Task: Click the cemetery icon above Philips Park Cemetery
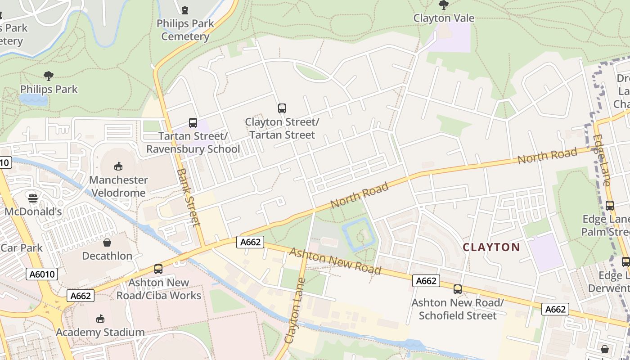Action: click(x=185, y=10)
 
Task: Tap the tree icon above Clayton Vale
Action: click(x=444, y=5)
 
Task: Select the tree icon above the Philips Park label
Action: click(x=49, y=76)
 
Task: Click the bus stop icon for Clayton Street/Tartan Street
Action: click(x=282, y=108)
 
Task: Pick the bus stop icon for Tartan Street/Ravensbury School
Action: click(x=193, y=122)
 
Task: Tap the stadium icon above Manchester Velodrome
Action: click(x=118, y=166)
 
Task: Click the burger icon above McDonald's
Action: click(x=33, y=198)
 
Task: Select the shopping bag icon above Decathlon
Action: click(x=107, y=243)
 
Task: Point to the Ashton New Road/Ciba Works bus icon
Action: click(x=158, y=269)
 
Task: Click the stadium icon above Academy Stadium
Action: click(x=100, y=319)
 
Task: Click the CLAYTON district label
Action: click(x=491, y=247)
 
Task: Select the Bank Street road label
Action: click(x=188, y=197)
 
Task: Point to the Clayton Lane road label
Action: click(x=295, y=310)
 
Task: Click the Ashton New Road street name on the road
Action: click(x=335, y=261)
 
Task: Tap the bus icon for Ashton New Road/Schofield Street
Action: click(x=458, y=289)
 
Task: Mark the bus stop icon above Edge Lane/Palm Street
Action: click(x=610, y=206)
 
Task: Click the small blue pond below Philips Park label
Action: click(x=33, y=99)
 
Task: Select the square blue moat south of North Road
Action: click(x=358, y=234)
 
